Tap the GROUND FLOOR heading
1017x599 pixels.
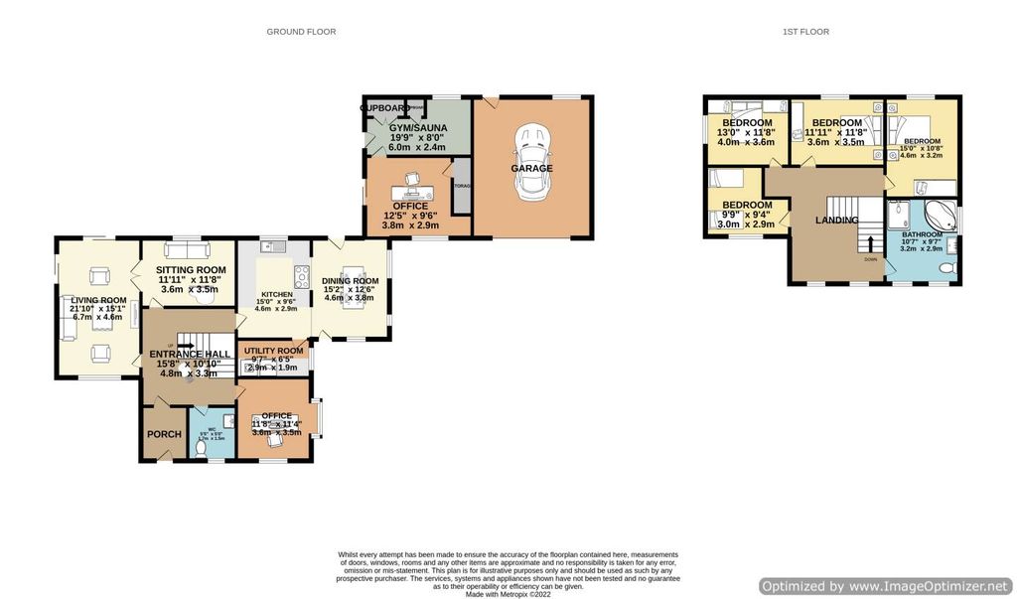click(301, 32)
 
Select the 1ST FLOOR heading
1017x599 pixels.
click(805, 32)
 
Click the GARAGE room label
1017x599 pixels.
click(532, 169)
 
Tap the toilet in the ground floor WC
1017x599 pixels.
click(202, 448)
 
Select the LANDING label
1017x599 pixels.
click(837, 221)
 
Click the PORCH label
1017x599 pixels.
click(164, 434)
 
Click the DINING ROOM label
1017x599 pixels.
click(350, 281)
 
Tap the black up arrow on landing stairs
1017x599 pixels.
click(871, 241)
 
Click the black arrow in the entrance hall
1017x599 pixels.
click(184, 347)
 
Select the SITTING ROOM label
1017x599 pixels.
click(191, 269)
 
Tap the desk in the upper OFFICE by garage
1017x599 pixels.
click(412, 189)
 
